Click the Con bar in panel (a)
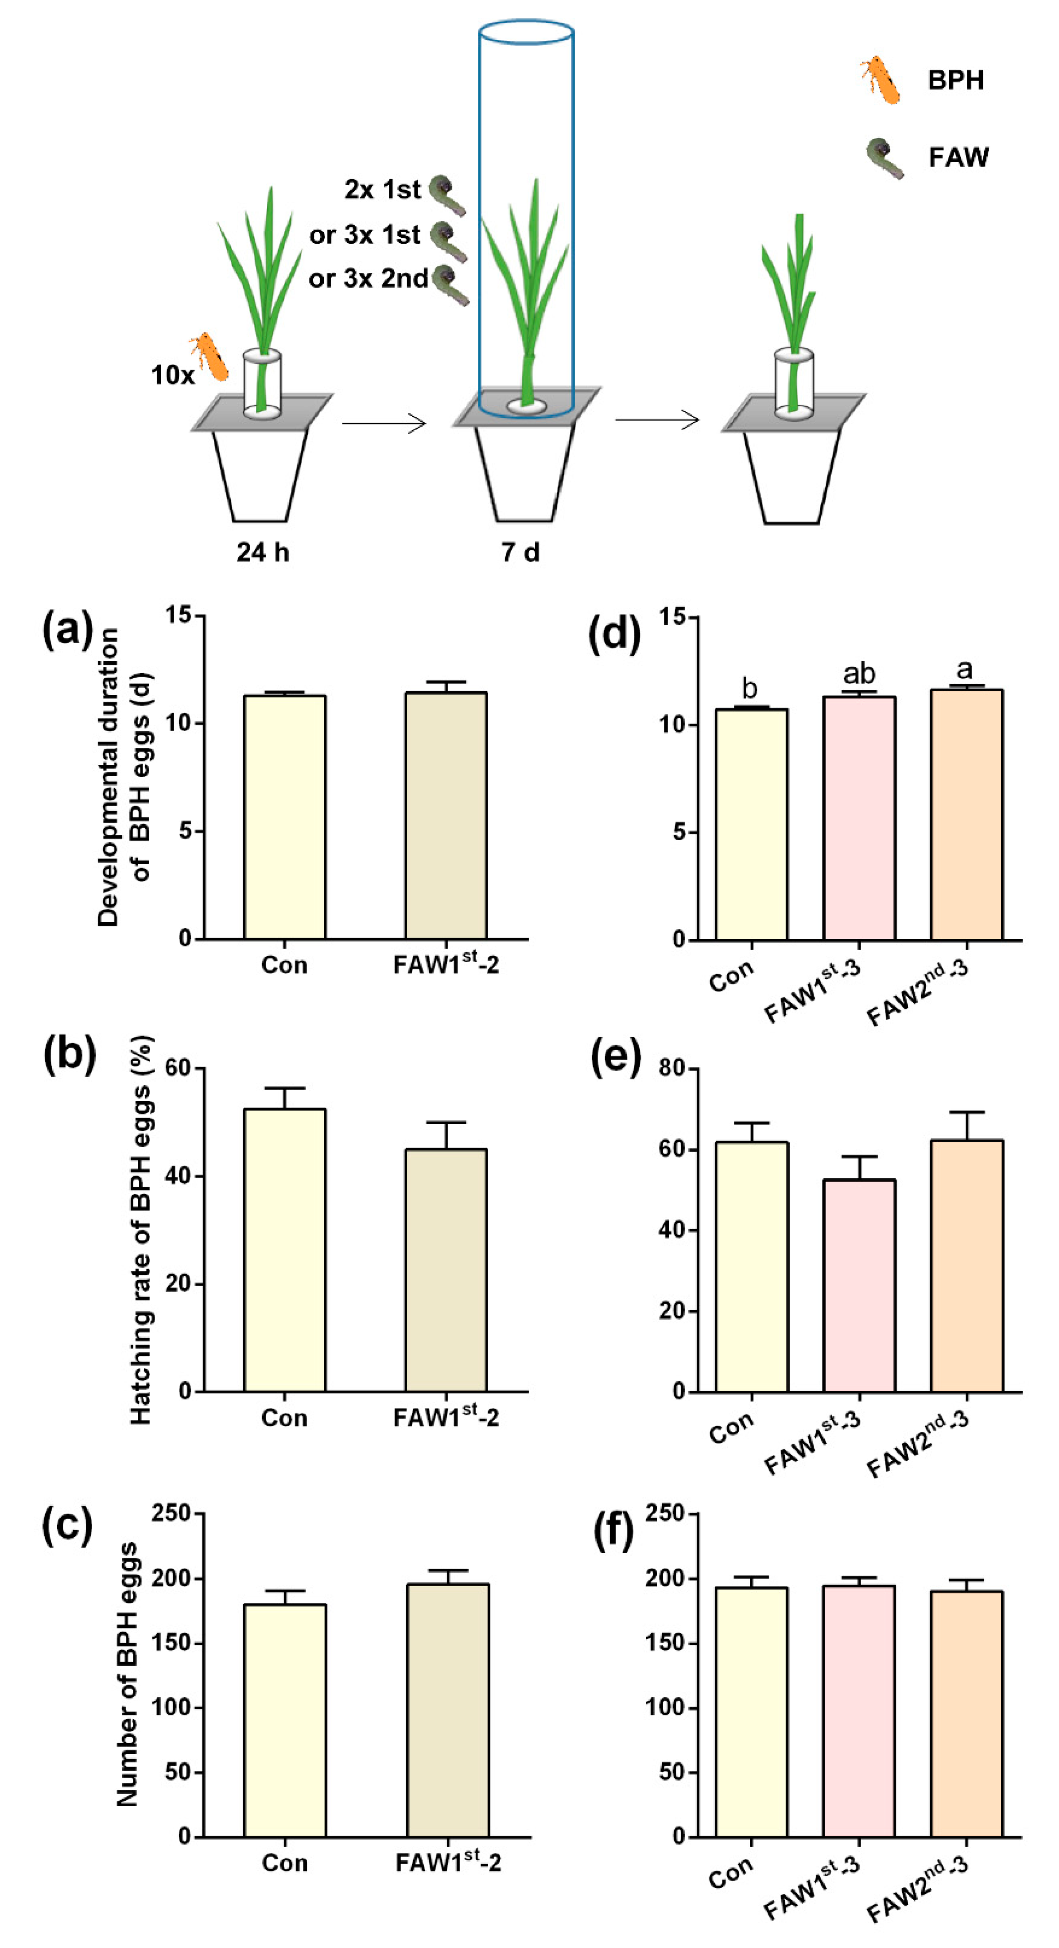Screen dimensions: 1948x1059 tap(284, 817)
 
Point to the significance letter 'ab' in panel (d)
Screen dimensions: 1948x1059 tap(859, 673)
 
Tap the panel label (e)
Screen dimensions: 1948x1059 tap(614, 1056)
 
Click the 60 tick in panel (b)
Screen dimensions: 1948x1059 tap(179, 1068)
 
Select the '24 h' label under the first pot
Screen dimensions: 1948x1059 tap(262, 553)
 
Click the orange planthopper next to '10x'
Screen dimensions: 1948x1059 tap(209, 357)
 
